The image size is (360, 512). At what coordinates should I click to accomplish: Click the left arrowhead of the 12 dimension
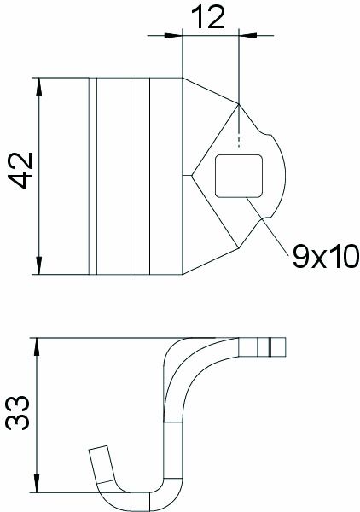pos(177,35)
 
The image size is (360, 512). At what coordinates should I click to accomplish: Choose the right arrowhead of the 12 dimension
pos(247,35)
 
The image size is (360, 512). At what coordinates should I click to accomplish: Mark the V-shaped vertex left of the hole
pos(192,176)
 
